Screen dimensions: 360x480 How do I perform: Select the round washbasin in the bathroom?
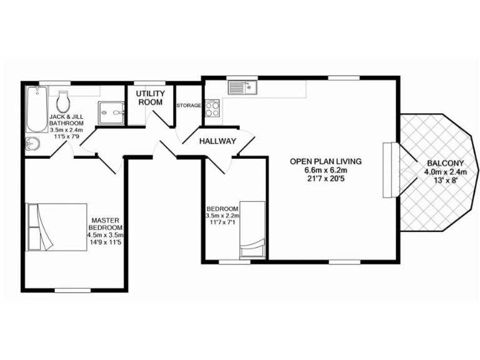pos(32,144)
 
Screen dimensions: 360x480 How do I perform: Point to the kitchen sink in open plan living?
pos(243,87)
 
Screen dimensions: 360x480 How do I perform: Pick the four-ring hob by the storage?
pos(212,109)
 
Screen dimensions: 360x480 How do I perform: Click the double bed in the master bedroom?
pos(56,226)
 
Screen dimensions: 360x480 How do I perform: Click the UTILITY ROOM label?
pos(151,97)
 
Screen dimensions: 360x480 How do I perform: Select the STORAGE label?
pos(188,106)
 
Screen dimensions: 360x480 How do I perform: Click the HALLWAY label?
pos(217,141)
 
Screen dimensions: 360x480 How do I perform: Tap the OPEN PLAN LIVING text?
pos(326,161)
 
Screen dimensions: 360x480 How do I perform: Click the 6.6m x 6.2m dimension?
pos(326,171)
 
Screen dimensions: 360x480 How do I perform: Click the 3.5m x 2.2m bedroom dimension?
pos(222,216)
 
